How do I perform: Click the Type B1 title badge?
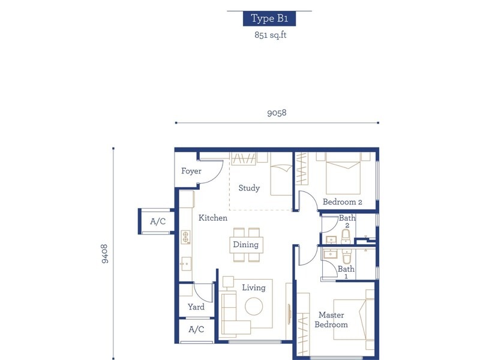point(269,18)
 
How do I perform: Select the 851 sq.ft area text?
point(269,35)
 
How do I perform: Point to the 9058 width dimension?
point(277,112)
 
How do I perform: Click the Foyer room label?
point(191,171)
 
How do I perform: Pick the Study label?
point(249,188)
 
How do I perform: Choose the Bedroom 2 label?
point(343,202)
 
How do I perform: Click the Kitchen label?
point(213,218)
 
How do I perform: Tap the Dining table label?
point(246,244)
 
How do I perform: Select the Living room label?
point(253,287)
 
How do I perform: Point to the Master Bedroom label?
point(333,320)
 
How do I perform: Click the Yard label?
point(196,307)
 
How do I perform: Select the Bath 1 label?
point(346,273)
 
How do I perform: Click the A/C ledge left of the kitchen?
point(158,221)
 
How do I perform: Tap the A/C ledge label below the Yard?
point(196,329)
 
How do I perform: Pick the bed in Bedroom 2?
point(343,174)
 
